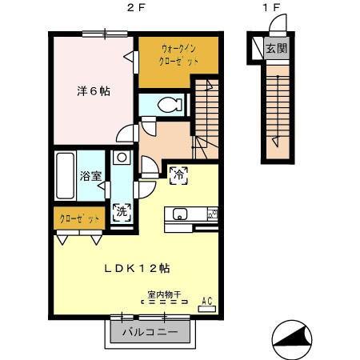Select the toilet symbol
(167, 104)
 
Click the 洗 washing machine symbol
(122, 213)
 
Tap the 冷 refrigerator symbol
(178, 173)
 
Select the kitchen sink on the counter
(179, 214)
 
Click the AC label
(206, 300)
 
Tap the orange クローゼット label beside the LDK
(78, 218)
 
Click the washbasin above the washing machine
(121, 158)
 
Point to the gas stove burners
(212, 214)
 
